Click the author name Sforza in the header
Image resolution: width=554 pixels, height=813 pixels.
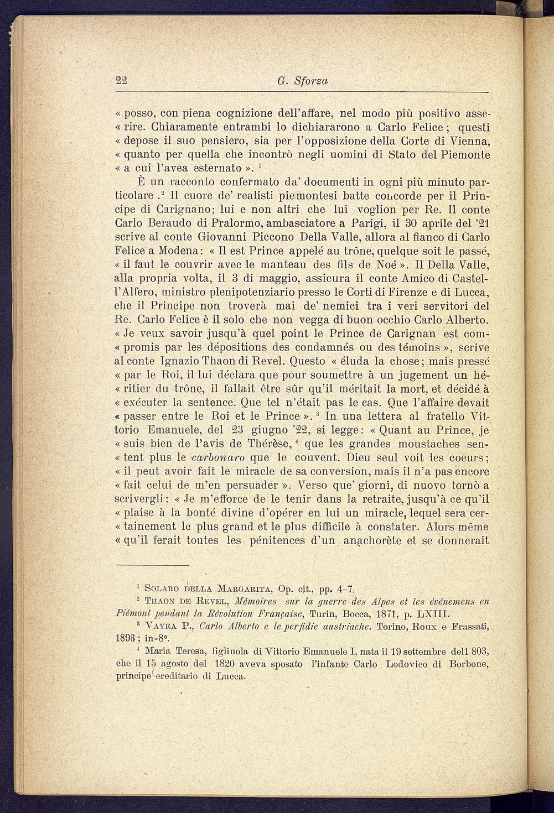coord(312,81)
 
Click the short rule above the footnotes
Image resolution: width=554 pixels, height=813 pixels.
coord(152,566)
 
